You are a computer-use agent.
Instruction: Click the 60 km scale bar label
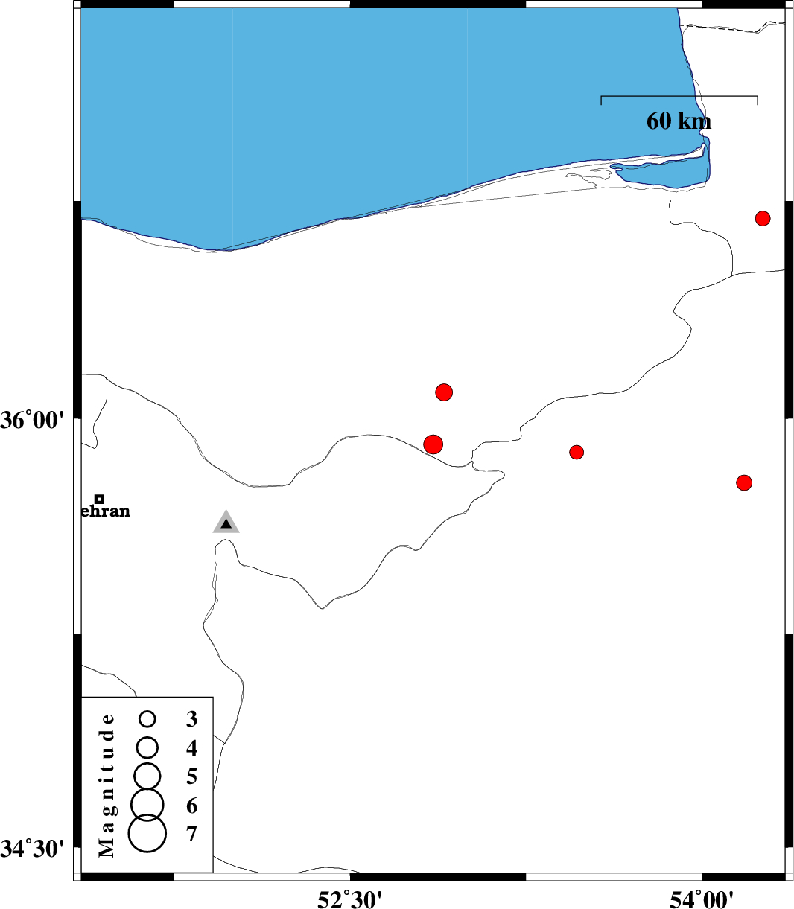click(x=679, y=121)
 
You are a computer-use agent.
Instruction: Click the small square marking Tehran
click(x=99, y=499)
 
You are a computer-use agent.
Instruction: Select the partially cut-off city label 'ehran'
click(x=106, y=511)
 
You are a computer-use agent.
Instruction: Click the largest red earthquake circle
click(x=433, y=444)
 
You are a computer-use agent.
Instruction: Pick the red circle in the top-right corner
click(x=763, y=218)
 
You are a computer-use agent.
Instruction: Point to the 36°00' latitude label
click(x=32, y=421)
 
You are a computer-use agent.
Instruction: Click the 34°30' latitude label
click(x=32, y=849)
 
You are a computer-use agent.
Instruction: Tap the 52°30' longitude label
click(x=349, y=897)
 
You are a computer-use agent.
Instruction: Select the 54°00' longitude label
click(x=701, y=897)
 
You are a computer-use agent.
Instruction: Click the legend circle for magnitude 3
click(x=147, y=719)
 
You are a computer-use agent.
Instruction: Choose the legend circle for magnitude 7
click(x=147, y=833)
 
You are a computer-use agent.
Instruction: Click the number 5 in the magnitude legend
click(x=191, y=776)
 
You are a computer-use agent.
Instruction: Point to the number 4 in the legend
click(x=191, y=748)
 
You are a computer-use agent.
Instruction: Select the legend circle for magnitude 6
click(x=147, y=804)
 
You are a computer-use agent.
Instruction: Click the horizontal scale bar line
click(x=679, y=96)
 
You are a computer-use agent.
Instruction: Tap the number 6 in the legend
click(x=191, y=806)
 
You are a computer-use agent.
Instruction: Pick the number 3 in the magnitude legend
click(x=191, y=719)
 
